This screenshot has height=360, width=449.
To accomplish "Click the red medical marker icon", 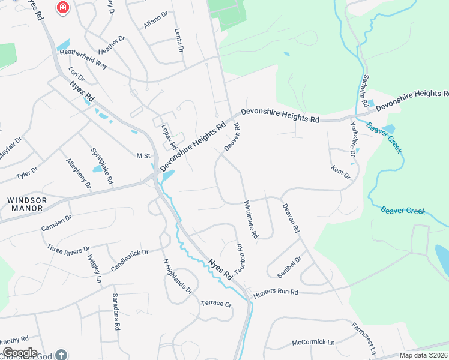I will pos(62,8).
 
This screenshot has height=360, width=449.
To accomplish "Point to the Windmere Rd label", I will pos(250,219).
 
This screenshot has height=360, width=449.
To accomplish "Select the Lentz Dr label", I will pos(178,40).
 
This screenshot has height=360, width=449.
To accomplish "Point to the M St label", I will pos(143,156).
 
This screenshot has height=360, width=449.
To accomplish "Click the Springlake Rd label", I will pos(101,166).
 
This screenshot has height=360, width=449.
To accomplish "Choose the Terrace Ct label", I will pos(216,304).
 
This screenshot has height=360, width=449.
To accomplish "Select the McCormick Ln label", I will pos(313,342).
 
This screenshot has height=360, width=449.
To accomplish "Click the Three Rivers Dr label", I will pos(68,249).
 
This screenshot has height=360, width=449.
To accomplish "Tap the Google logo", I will pos(20,353).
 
